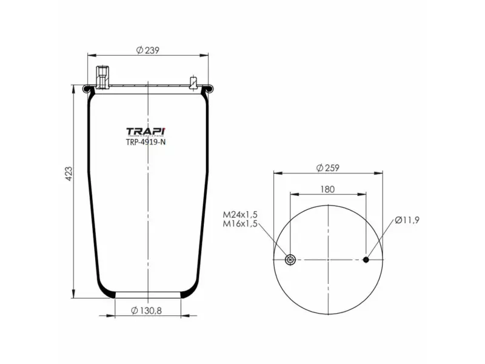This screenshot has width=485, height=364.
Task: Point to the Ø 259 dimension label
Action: (327, 168)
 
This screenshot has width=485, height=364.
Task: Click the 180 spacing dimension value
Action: (327, 189)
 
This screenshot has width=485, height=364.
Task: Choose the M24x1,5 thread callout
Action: (240, 215)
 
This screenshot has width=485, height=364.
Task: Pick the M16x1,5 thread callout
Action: (240, 224)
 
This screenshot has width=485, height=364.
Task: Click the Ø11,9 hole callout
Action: (407, 220)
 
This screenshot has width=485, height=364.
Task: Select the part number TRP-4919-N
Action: (145, 143)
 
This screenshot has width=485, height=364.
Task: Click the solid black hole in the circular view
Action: (366, 260)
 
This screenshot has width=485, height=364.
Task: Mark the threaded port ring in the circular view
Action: (290, 260)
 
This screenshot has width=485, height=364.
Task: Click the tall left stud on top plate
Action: (101, 77)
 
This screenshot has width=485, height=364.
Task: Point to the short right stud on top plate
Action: (194, 82)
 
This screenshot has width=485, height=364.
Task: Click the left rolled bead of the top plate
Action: (89, 90)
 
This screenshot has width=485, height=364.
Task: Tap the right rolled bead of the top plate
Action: (207, 90)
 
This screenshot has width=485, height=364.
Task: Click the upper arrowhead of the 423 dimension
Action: (74, 87)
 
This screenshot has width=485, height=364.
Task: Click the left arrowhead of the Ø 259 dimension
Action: (276, 174)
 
